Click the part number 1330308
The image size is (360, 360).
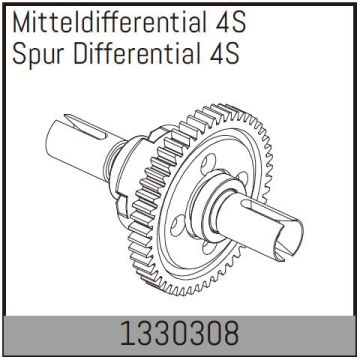click(181, 329)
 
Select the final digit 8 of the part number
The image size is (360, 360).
click(234, 329)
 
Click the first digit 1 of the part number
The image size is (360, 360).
click(127, 329)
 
